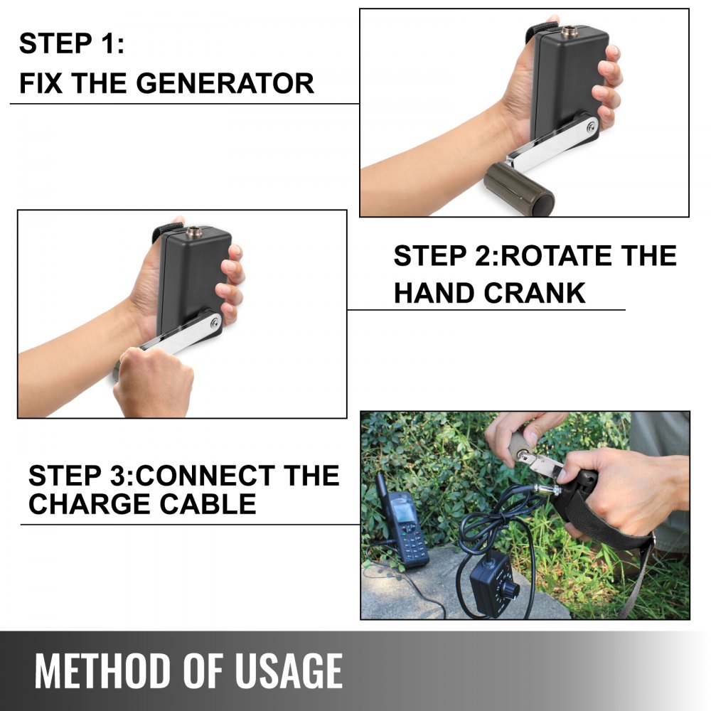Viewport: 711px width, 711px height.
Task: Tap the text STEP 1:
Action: [x=71, y=44]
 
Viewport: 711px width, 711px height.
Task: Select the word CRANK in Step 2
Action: [x=540, y=292]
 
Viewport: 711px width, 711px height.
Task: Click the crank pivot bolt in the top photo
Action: [x=591, y=127]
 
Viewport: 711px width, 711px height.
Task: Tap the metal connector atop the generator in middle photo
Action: [x=193, y=232]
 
